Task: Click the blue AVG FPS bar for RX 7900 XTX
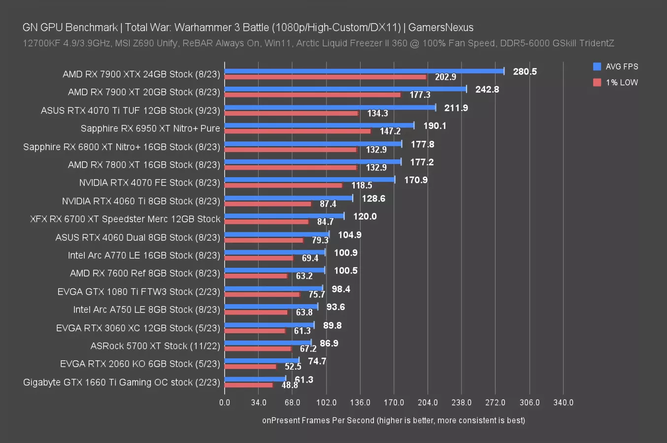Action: click(364, 71)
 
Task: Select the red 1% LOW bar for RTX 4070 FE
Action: click(283, 186)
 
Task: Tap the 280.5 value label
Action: click(525, 71)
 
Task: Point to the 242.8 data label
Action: click(487, 89)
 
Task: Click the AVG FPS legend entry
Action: click(616, 66)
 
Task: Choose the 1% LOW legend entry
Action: click(616, 82)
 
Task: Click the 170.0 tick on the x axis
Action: click(394, 402)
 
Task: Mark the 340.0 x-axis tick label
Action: click(563, 402)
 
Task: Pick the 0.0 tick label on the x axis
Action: click(225, 402)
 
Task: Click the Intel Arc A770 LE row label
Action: click(144, 255)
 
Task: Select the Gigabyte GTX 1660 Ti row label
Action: click(121, 382)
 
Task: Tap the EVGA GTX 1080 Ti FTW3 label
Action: click(138, 291)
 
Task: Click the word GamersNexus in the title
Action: click(441, 28)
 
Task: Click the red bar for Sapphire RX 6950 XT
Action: click(298, 131)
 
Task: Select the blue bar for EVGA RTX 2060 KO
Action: click(262, 360)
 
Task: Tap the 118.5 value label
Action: click(362, 186)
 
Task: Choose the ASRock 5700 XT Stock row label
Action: click(155, 346)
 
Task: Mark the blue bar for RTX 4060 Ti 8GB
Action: click(289, 198)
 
